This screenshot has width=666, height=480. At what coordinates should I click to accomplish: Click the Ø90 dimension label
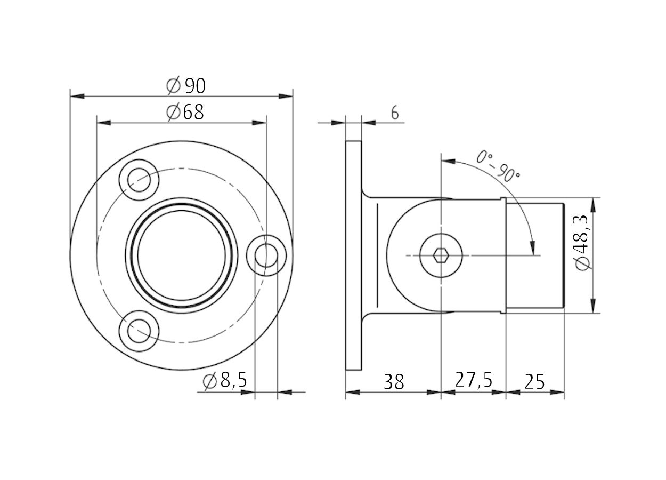(186, 86)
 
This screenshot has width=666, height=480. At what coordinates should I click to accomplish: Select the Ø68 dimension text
(185, 112)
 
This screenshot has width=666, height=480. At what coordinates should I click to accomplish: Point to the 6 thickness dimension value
(395, 113)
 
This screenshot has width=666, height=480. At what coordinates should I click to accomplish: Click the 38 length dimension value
(394, 382)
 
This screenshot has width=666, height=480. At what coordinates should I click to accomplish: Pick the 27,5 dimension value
(473, 380)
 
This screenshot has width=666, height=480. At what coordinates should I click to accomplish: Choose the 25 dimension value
(534, 382)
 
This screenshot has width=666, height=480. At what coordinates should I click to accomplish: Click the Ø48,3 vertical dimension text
(582, 243)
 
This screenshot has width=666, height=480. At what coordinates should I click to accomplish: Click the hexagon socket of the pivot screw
(441, 255)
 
